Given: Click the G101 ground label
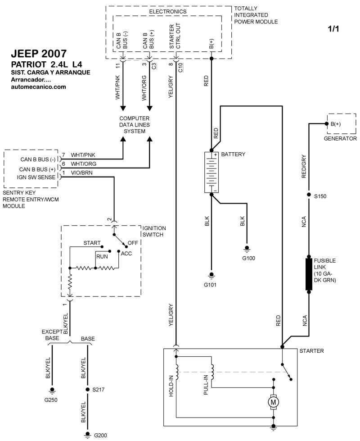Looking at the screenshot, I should click(210, 285).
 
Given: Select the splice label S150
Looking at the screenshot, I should click(321, 196).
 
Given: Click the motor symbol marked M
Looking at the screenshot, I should click(273, 401).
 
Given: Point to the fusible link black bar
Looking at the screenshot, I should click(309, 274).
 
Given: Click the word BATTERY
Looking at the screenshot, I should click(233, 154).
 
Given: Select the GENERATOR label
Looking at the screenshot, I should click(340, 139).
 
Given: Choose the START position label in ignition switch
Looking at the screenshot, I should click(92, 243).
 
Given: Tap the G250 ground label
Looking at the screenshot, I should click(50, 400).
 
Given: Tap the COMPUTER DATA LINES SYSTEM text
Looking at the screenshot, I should click(135, 124).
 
